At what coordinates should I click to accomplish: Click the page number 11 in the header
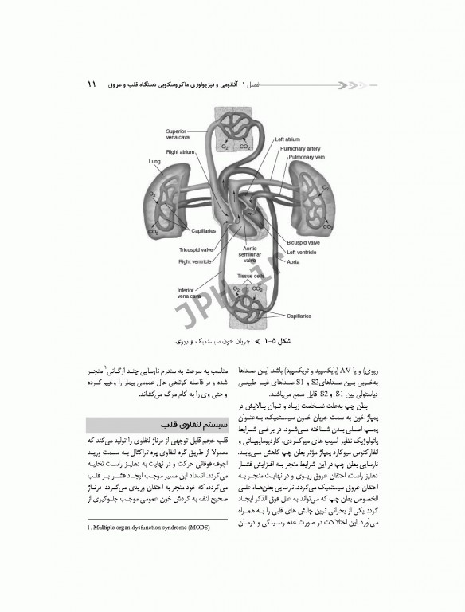[x=93, y=84]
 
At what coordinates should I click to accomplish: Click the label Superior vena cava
[x=176, y=135]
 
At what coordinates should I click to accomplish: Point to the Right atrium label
[x=181, y=151]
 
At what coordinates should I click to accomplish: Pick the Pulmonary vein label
[x=304, y=157]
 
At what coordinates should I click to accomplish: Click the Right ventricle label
[x=195, y=260]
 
